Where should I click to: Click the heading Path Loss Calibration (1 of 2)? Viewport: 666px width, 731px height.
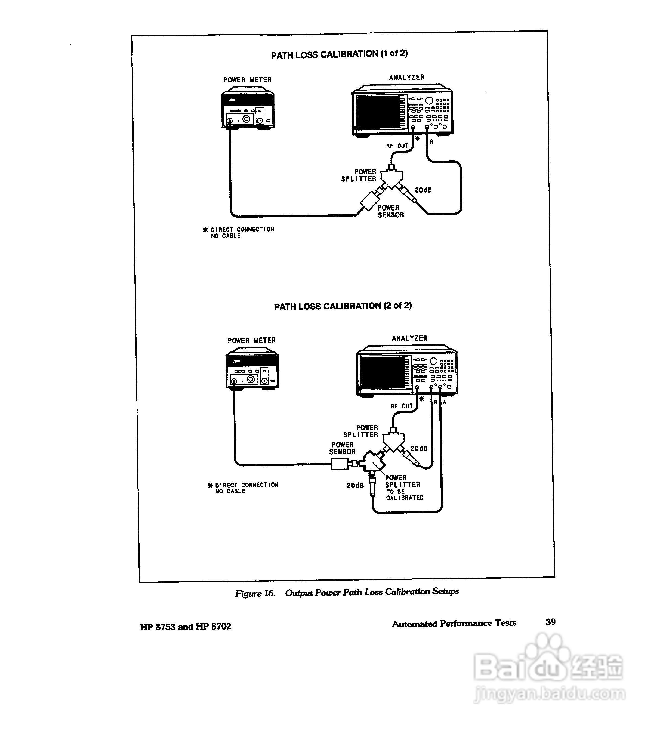click(x=339, y=54)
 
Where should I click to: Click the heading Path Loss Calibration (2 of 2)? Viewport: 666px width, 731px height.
click(x=343, y=306)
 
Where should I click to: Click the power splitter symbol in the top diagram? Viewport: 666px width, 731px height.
click(x=391, y=177)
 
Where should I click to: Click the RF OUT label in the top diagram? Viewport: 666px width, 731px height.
click(x=397, y=146)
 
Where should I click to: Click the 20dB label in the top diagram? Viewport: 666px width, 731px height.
click(x=423, y=190)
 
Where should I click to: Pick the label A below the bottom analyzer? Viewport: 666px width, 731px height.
click(x=445, y=402)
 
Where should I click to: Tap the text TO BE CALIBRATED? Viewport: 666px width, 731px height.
click(x=404, y=495)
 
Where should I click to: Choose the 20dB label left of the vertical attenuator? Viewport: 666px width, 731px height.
click(x=355, y=485)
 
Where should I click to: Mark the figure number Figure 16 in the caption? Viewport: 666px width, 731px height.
click(x=255, y=593)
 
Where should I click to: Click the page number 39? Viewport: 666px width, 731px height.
click(x=550, y=622)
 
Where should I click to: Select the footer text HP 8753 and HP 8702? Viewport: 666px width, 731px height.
click(x=185, y=627)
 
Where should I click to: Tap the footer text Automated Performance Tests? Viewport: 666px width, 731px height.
click(x=454, y=624)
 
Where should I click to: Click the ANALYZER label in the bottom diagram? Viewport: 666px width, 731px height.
click(x=409, y=338)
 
